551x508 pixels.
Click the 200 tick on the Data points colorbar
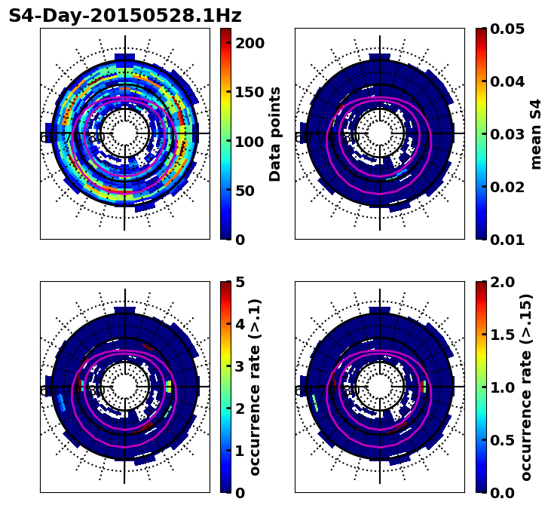[x=249, y=43]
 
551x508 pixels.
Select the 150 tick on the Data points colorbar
[x=249, y=92]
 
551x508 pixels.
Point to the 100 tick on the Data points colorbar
[x=249, y=142]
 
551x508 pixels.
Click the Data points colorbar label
[x=275, y=134]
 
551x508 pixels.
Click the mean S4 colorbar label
[x=536, y=134]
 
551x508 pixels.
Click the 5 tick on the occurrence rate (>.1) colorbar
[x=240, y=282]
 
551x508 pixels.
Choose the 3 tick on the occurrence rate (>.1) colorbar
[x=240, y=366]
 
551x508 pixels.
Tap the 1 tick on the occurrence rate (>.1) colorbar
[x=240, y=451]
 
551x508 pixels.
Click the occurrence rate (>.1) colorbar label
[x=255, y=387]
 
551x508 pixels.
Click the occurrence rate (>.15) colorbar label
[x=526, y=387]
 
